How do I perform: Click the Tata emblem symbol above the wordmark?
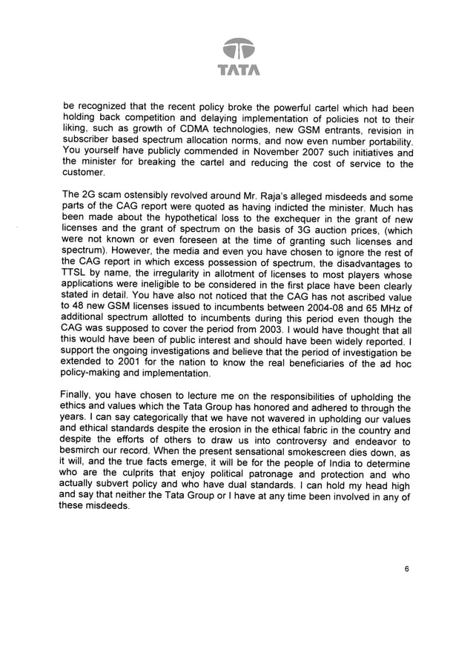236,48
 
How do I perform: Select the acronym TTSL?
77,272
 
